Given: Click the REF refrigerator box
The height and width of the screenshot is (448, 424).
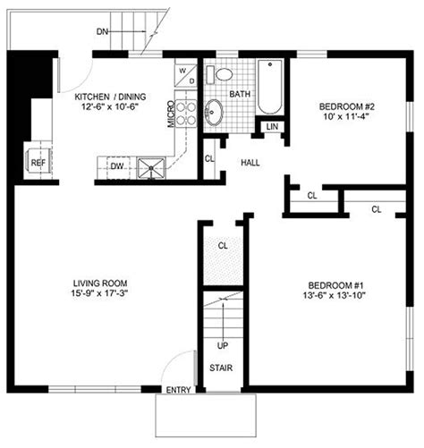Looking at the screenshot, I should click(38, 163).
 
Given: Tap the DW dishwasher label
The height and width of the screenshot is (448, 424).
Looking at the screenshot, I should click(117, 165).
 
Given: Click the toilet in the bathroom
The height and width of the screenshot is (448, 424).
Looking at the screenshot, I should click(224, 74).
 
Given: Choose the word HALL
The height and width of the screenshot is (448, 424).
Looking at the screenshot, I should click(250, 162).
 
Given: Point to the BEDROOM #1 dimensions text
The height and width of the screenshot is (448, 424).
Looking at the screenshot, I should click(332, 294).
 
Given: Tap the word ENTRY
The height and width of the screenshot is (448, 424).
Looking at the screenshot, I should click(178, 390).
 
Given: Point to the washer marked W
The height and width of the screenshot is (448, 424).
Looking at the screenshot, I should click(182, 69).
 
